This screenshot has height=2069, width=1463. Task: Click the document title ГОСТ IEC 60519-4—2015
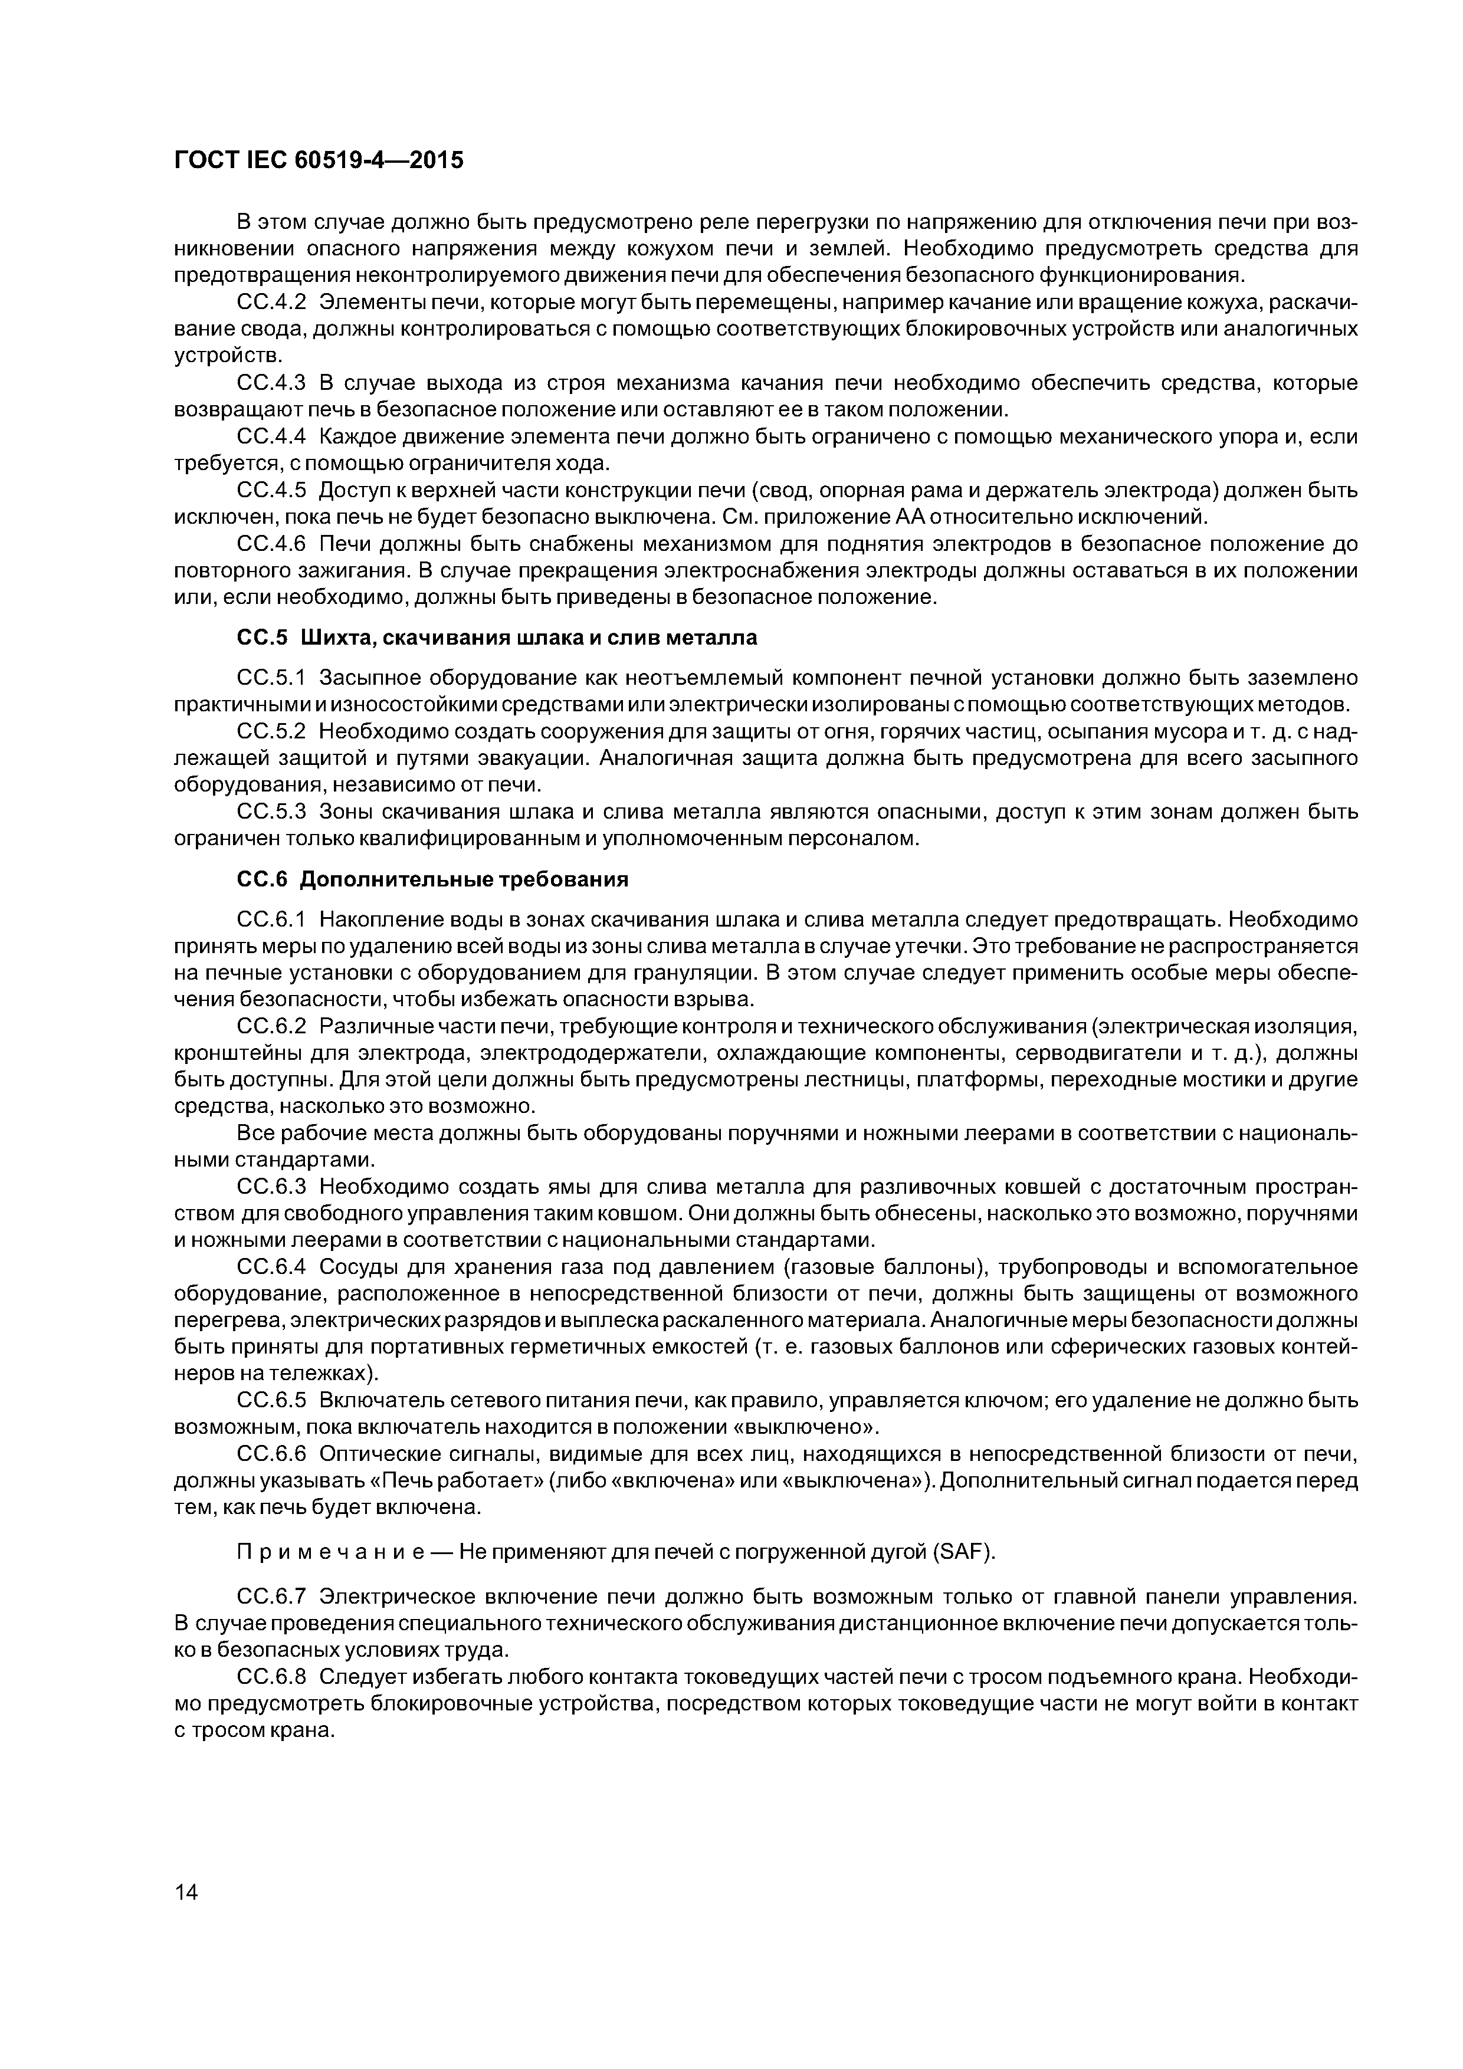(318, 160)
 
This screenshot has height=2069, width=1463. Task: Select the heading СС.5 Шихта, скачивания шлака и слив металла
(497, 638)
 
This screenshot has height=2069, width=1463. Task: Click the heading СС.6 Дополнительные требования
(432, 879)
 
